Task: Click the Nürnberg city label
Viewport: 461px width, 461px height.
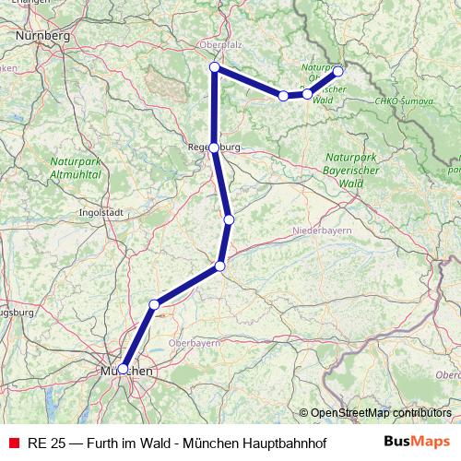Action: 43,35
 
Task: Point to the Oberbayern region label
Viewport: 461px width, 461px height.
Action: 194,342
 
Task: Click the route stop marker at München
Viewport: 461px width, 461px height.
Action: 123,369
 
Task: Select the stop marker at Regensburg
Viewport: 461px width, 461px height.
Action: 214,148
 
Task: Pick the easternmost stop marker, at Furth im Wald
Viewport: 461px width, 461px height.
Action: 338,71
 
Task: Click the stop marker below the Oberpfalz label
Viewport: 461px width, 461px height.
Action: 214,67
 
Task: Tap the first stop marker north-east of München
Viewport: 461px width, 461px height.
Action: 154,304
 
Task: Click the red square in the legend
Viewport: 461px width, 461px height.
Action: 13,443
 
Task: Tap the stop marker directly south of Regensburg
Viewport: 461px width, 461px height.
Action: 229,219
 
